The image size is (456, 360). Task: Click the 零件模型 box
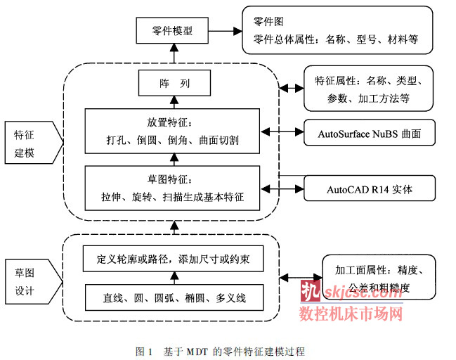click(x=172, y=31)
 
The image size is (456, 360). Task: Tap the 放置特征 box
click(x=172, y=131)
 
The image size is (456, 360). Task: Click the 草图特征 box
click(x=172, y=187)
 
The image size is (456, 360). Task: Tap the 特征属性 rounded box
click(x=368, y=89)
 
